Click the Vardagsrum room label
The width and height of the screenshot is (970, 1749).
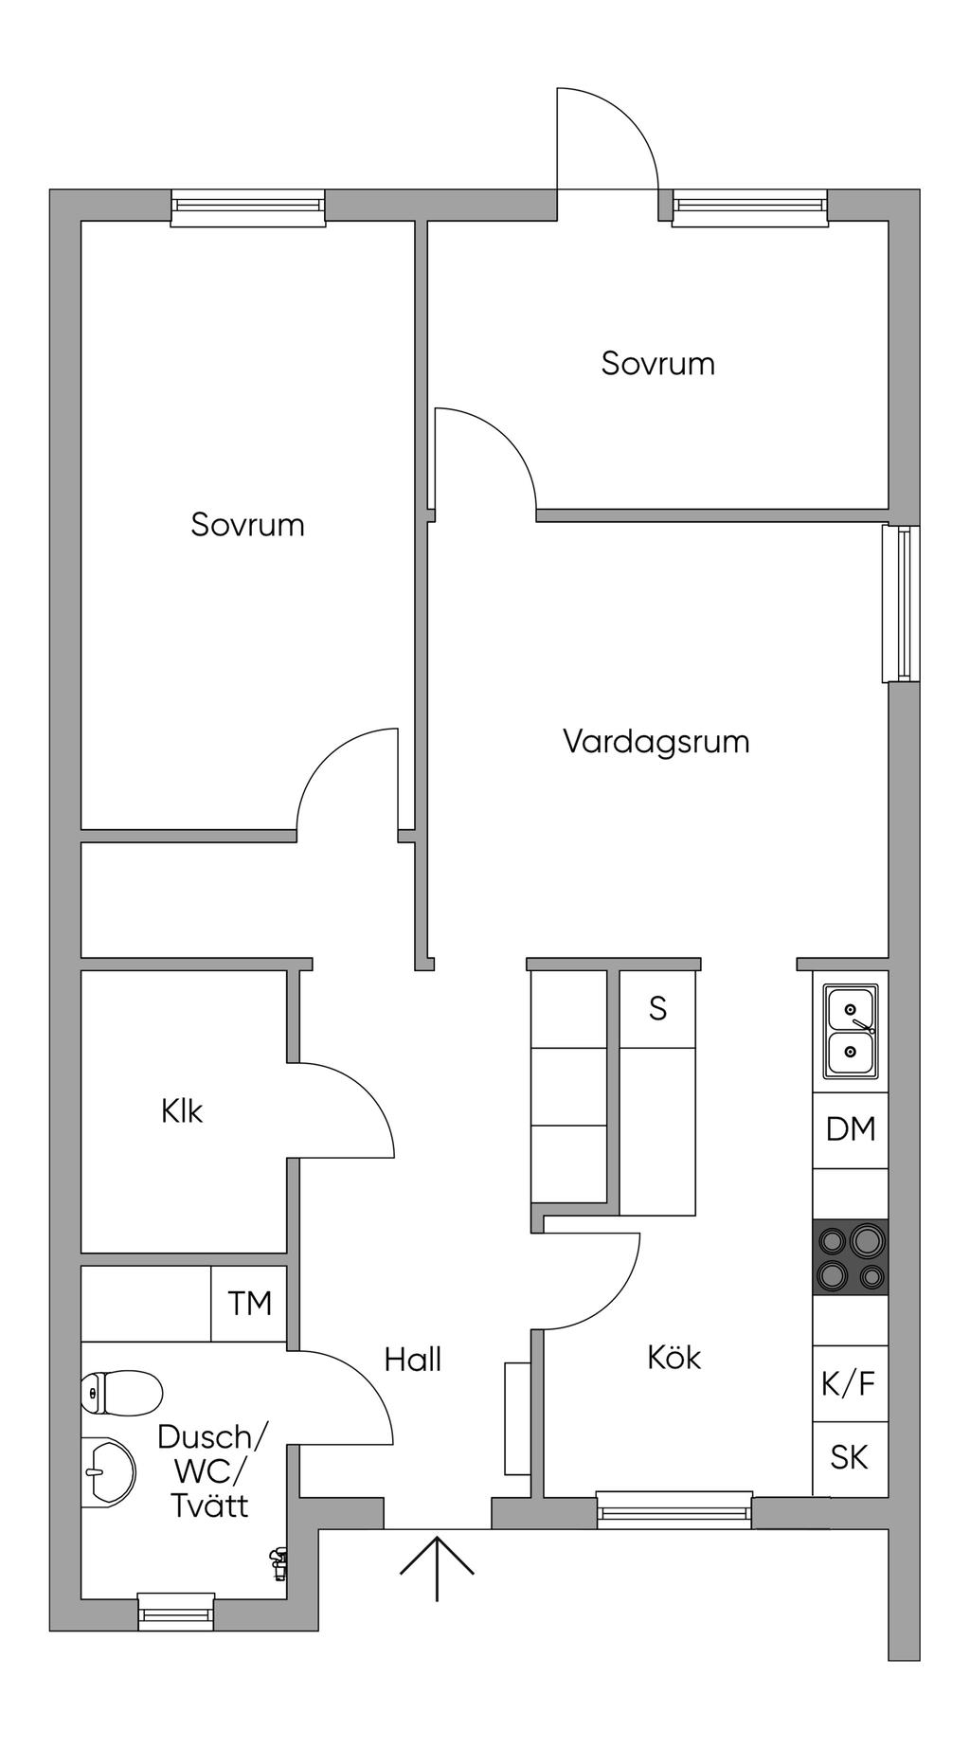656,741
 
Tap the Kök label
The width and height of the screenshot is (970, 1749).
674,1357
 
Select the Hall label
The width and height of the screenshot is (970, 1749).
413,1360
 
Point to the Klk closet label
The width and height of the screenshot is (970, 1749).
182,1110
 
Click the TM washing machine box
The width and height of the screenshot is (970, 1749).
248,1304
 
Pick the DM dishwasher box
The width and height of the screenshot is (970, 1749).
851,1129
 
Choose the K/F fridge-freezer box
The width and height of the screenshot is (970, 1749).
851,1383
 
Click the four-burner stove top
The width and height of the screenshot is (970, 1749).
851,1257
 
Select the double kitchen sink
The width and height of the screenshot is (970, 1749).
851,1031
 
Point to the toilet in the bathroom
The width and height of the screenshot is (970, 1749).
121,1393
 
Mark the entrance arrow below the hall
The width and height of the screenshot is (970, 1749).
437,1567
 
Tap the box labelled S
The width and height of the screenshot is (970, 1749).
657,1009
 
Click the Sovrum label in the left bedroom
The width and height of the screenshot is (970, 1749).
247,525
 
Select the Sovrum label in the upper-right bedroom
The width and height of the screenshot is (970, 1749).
657,364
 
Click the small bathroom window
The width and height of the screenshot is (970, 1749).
176,1612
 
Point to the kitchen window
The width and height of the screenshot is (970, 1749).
674,1510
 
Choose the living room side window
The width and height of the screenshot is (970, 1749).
901,604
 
